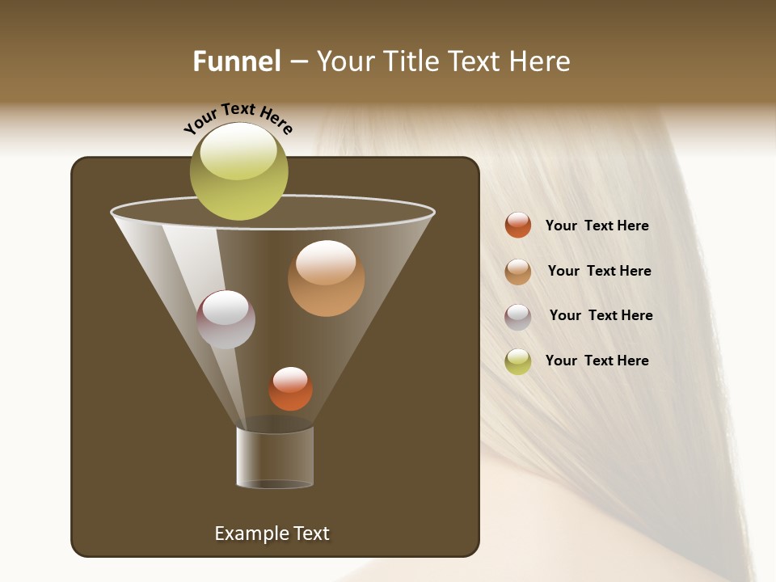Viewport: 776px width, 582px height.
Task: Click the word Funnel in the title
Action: coord(236,61)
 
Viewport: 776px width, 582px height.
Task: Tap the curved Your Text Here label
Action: coord(238,118)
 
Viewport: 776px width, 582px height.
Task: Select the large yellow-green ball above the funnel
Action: coord(239,172)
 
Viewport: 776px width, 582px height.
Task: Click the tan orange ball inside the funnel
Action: coord(326,278)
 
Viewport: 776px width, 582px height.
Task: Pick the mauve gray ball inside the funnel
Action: coord(226,319)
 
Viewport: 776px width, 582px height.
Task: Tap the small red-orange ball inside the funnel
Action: coord(290,389)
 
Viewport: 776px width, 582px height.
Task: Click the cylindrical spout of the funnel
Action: coord(275,458)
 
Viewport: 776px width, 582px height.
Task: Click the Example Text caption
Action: coord(272,533)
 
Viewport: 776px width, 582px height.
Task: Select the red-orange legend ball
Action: coord(518,225)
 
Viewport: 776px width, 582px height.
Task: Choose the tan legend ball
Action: coord(518,272)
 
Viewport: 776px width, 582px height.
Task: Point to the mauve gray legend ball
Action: coord(518,317)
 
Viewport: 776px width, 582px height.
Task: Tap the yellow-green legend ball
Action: coord(518,361)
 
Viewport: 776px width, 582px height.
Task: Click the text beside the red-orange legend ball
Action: coord(597,226)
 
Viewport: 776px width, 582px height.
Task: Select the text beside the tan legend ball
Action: coord(599,271)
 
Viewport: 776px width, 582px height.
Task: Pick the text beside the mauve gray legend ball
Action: coord(601,315)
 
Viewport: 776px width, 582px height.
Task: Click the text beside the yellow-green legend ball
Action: coord(597,361)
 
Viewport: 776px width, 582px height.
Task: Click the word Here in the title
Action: coord(541,61)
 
